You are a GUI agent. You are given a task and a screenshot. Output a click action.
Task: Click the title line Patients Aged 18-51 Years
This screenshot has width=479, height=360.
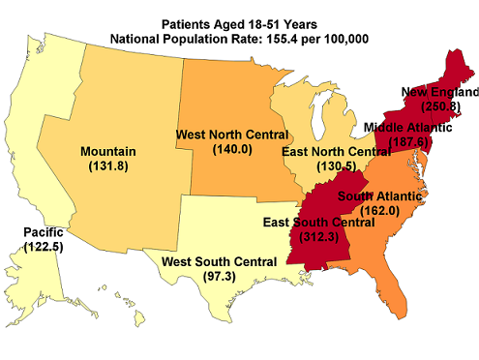(240, 22)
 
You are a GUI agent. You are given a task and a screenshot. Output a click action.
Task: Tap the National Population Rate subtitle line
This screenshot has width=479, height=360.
(240, 38)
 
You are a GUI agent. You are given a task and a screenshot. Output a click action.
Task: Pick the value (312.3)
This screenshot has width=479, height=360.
(320, 237)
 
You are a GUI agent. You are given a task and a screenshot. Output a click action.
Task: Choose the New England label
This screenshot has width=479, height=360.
(441, 92)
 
